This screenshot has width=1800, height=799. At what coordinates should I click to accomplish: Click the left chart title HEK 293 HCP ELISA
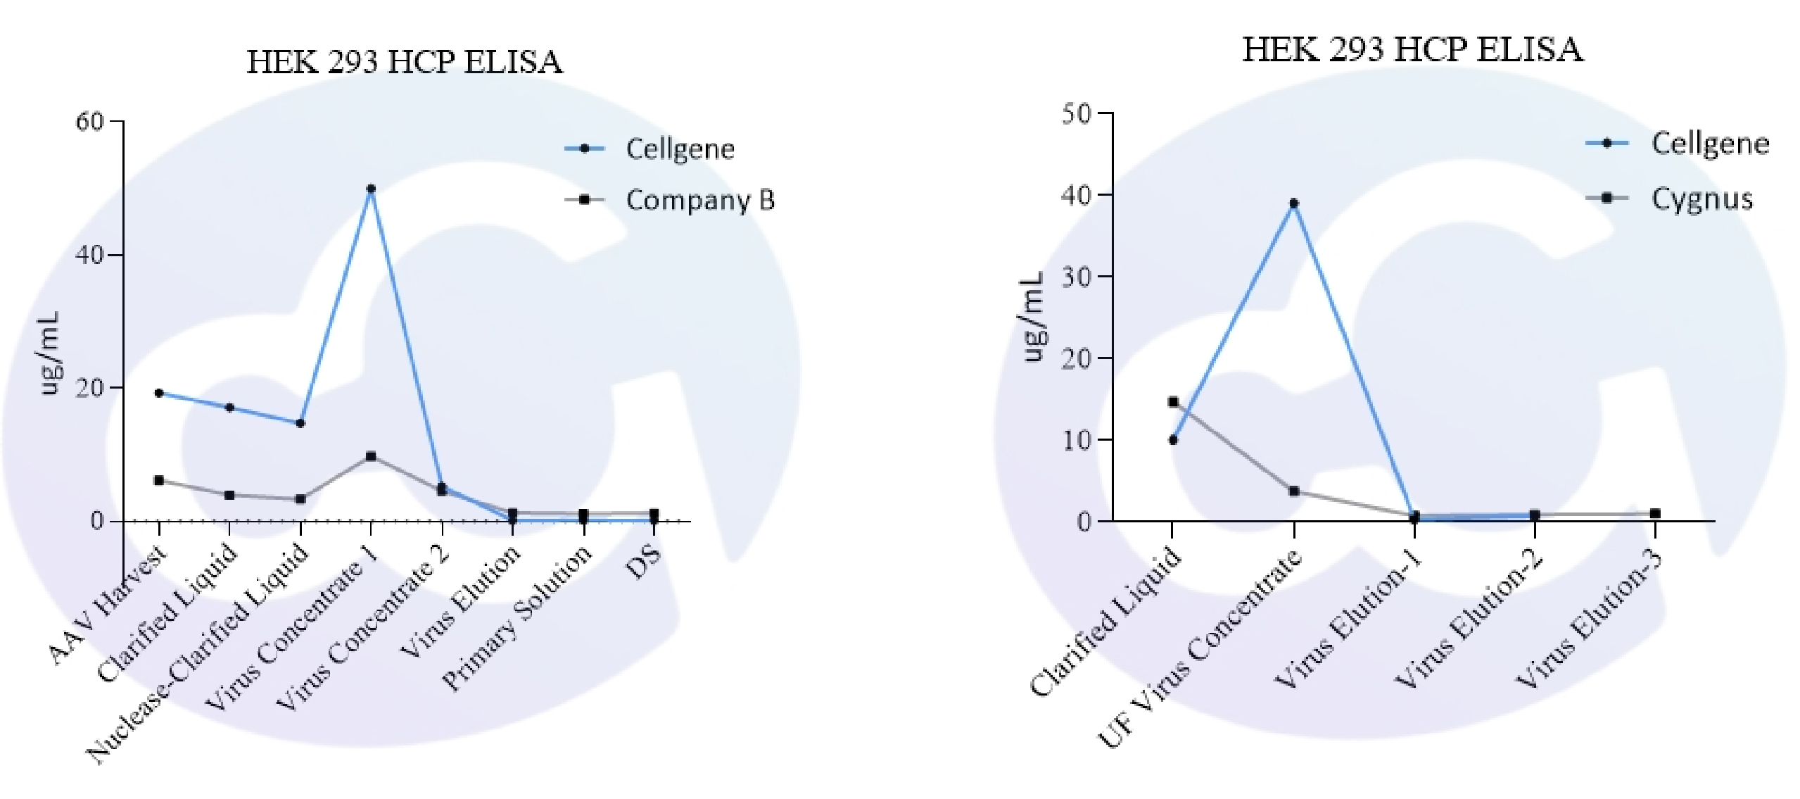(405, 62)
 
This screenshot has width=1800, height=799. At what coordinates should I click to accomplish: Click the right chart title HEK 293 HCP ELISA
(1413, 50)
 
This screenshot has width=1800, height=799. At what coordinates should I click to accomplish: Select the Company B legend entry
(699, 201)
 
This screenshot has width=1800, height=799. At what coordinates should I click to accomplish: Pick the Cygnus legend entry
(1701, 199)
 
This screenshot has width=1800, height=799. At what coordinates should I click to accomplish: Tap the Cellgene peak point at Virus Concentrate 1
(371, 189)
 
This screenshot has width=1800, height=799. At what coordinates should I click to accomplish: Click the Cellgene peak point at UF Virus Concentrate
(1293, 203)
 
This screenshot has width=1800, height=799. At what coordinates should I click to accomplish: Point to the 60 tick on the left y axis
(89, 121)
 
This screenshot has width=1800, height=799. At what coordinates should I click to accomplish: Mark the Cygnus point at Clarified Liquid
(1173, 402)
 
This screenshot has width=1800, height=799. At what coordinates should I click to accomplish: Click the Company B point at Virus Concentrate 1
(371, 456)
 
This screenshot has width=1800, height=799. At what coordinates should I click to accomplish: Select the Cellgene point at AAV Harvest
(159, 393)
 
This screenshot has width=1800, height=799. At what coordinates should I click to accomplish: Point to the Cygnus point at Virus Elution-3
(1655, 513)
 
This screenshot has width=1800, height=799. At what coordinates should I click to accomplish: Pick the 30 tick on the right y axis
(1077, 276)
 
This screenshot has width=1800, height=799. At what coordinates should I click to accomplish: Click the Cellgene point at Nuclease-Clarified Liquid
(300, 423)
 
